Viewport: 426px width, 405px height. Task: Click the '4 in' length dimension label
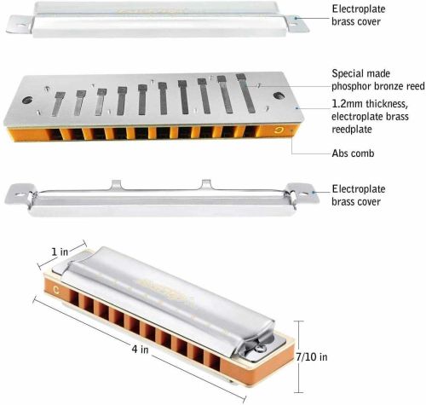140,349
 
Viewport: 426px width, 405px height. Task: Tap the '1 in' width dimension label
60,252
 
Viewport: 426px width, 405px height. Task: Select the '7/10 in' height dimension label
312,357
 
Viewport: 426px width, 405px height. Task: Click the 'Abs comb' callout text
353,153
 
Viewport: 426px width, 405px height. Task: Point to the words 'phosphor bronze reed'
378,86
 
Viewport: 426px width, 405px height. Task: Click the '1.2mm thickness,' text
370,104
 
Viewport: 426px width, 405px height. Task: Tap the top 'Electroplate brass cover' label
359,15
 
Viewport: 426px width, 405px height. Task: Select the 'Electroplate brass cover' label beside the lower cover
359,195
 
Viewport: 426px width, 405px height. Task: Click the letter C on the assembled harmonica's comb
56,290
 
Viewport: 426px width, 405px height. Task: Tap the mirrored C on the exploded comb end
278,130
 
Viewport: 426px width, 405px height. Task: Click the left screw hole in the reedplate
27,100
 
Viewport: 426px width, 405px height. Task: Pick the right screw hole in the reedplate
279,95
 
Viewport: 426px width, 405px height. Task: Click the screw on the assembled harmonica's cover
259,348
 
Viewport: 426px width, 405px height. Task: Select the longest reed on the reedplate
245,93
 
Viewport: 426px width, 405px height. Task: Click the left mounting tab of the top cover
19,25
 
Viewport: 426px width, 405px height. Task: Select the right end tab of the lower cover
302,193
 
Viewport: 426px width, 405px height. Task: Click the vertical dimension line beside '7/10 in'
298,356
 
